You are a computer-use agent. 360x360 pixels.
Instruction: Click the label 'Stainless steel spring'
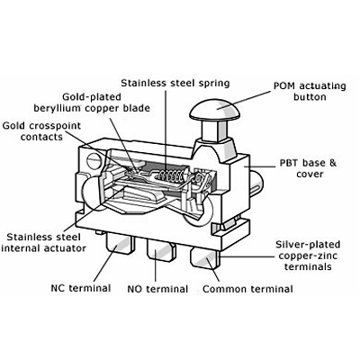(175, 83)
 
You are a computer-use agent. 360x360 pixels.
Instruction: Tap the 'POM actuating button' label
(310, 92)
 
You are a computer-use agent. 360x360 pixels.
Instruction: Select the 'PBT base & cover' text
(308, 168)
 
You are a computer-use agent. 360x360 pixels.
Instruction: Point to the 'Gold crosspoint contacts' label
(41, 131)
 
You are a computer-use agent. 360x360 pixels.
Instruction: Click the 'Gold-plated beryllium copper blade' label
(92, 103)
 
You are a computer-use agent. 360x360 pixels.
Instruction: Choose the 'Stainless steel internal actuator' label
(44, 243)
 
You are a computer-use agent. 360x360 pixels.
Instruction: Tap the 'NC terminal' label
(81, 288)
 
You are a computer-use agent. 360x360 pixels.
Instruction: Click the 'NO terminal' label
(157, 289)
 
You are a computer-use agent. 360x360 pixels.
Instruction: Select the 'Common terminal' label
(247, 289)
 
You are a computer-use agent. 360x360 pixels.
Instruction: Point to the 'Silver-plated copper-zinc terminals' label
(308, 256)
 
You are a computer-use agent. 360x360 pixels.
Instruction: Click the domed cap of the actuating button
(214, 110)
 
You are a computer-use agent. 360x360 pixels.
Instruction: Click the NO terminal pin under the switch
(161, 248)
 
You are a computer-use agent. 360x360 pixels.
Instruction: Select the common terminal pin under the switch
(205, 257)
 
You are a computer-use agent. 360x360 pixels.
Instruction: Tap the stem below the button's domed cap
(214, 130)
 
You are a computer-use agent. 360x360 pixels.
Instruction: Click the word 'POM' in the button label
(284, 86)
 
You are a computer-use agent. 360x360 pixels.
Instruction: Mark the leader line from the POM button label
(244, 100)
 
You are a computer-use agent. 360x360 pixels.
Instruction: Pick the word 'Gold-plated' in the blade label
(92, 97)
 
